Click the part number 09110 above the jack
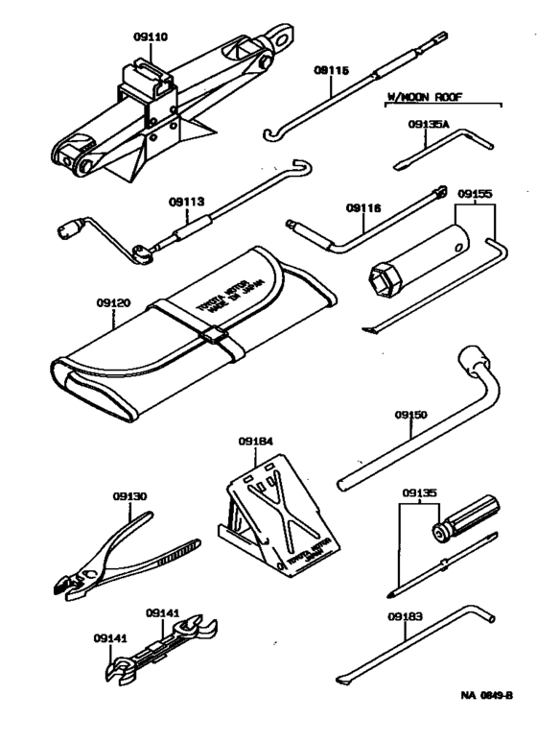[x=151, y=36]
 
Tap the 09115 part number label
[x=331, y=70]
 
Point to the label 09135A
[x=428, y=123]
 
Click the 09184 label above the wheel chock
[x=256, y=443]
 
